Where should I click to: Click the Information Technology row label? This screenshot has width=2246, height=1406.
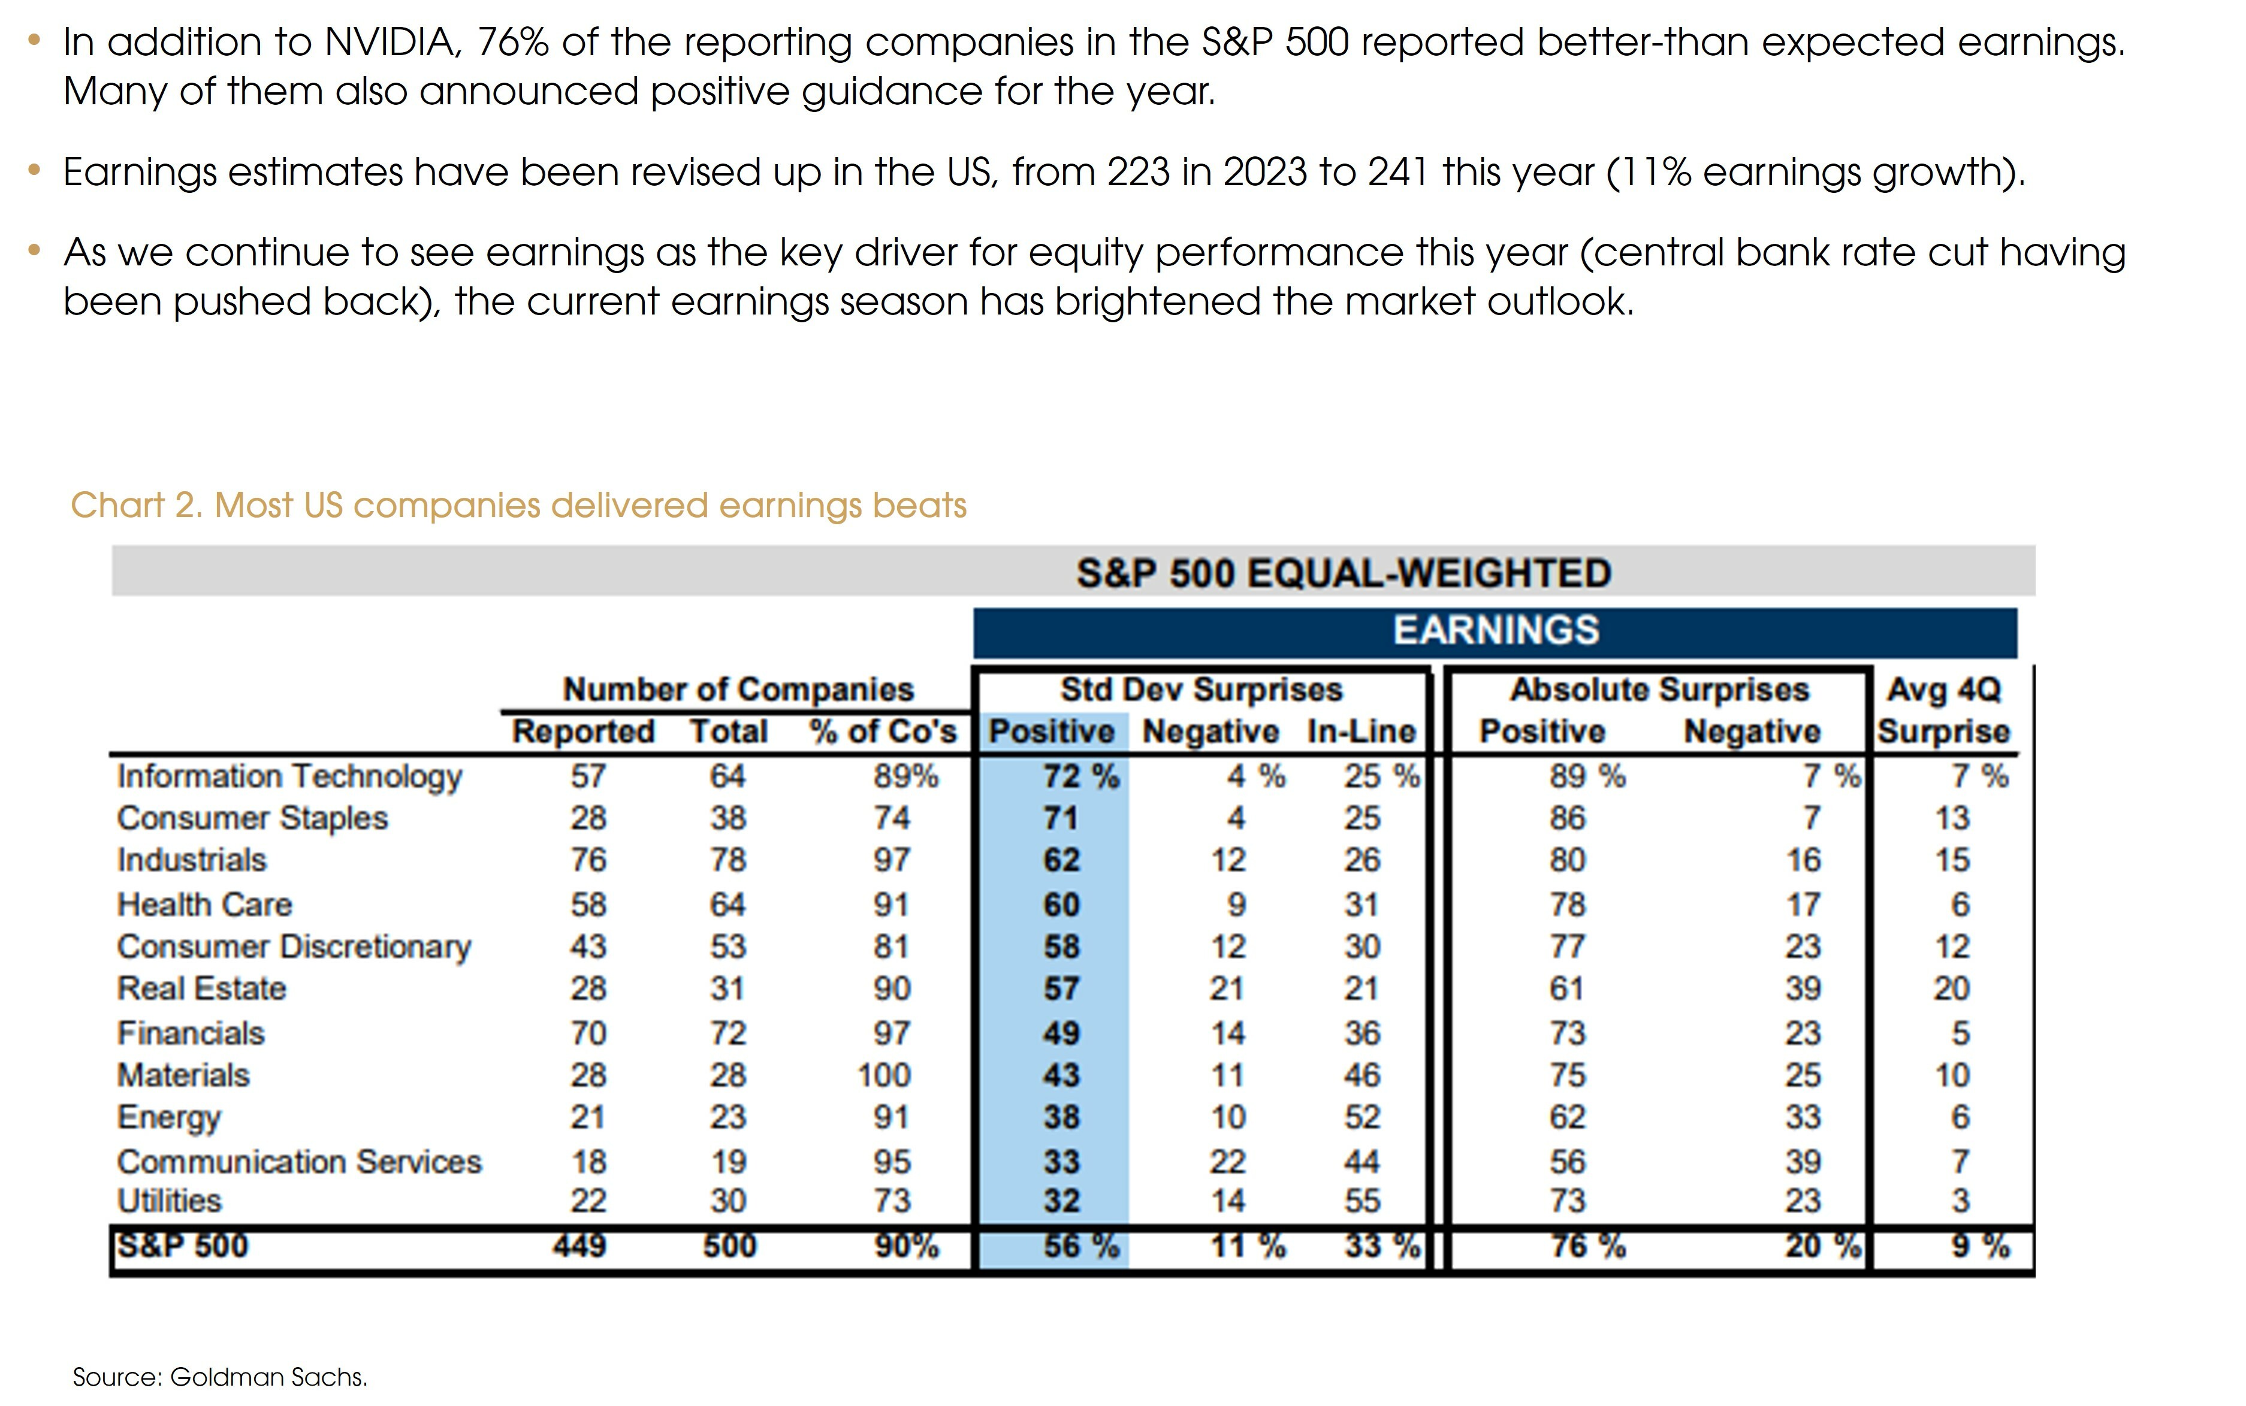point(289,776)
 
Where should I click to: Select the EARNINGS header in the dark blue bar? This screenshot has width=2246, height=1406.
point(1496,630)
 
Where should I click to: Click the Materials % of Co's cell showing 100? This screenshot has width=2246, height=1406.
point(883,1075)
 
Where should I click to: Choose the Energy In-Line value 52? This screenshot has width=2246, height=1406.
point(1362,1117)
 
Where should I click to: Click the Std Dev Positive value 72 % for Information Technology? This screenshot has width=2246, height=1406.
point(1080,776)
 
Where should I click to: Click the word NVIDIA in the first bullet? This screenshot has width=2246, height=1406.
point(391,43)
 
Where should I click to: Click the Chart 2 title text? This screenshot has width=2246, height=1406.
point(518,505)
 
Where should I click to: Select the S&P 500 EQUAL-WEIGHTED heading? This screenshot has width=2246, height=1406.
point(1343,573)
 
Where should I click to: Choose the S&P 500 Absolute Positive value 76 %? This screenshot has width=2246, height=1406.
point(1587,1245)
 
